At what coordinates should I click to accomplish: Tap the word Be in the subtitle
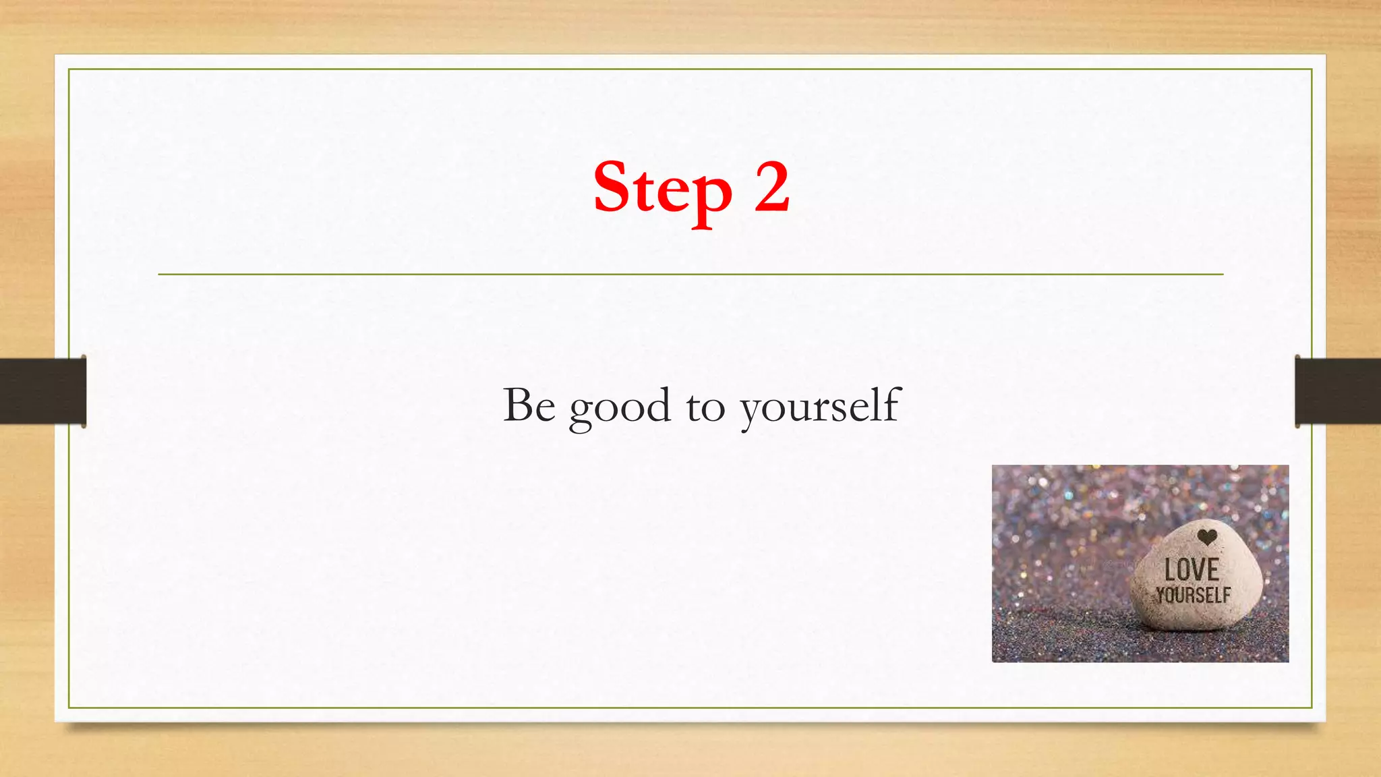tap(529, 405)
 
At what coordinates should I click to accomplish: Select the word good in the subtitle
tap(620, 408)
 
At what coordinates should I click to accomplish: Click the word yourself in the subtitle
tap(820, 407)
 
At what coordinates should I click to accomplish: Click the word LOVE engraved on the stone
tap(1192, 571)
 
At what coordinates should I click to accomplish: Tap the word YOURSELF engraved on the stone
tap(1193, 596)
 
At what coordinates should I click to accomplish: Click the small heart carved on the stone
tap(1207, 538)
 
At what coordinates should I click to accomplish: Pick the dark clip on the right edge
tap(1337, 391)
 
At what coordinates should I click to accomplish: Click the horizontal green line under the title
tap(690, 275)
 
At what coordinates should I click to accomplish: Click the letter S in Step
tap(614, 187)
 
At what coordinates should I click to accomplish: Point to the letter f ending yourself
tap(892, 403)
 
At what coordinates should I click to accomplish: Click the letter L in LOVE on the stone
tap(1171, 571)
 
